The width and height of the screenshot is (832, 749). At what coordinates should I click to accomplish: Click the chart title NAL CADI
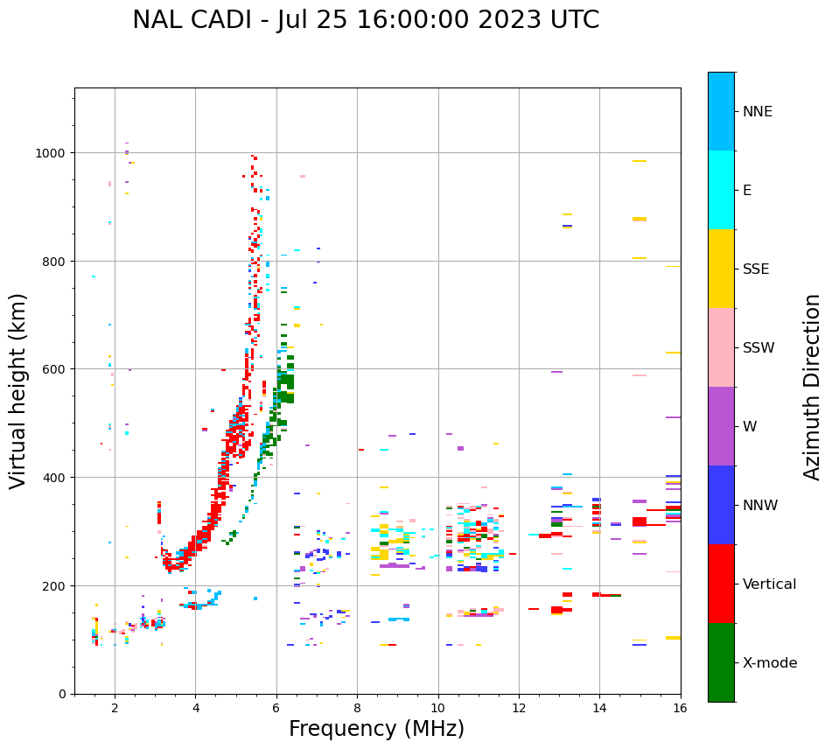tap(366, 20)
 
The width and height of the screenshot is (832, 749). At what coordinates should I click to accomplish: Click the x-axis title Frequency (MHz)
tap(376, 729)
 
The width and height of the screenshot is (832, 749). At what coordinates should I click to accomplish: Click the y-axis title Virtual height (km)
tap(18, 390)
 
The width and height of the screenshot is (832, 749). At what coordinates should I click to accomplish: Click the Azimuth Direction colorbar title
tap(813, 387)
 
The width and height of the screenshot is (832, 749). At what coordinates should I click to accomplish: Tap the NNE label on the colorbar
tap(758, 111)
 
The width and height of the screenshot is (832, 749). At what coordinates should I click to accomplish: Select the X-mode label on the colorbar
tap(770, 662)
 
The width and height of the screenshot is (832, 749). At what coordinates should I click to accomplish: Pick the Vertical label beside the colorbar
tap(770, 584)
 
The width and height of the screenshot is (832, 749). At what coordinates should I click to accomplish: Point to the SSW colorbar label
tap(759, 347)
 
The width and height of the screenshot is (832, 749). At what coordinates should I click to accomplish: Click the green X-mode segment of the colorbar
tap(721, 662)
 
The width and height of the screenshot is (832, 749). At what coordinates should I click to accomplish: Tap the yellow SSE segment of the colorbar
tap(721, 269)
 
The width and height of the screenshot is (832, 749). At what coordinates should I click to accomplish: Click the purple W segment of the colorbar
tap(721, 426)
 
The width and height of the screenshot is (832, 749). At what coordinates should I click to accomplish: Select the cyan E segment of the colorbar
tap(721, 190)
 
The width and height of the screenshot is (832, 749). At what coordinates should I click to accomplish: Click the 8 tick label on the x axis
tap(357, 710)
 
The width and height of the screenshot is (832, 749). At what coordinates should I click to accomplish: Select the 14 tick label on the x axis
tap(599, 710)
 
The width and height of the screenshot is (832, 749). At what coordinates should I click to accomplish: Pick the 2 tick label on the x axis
tap(115, 710)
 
